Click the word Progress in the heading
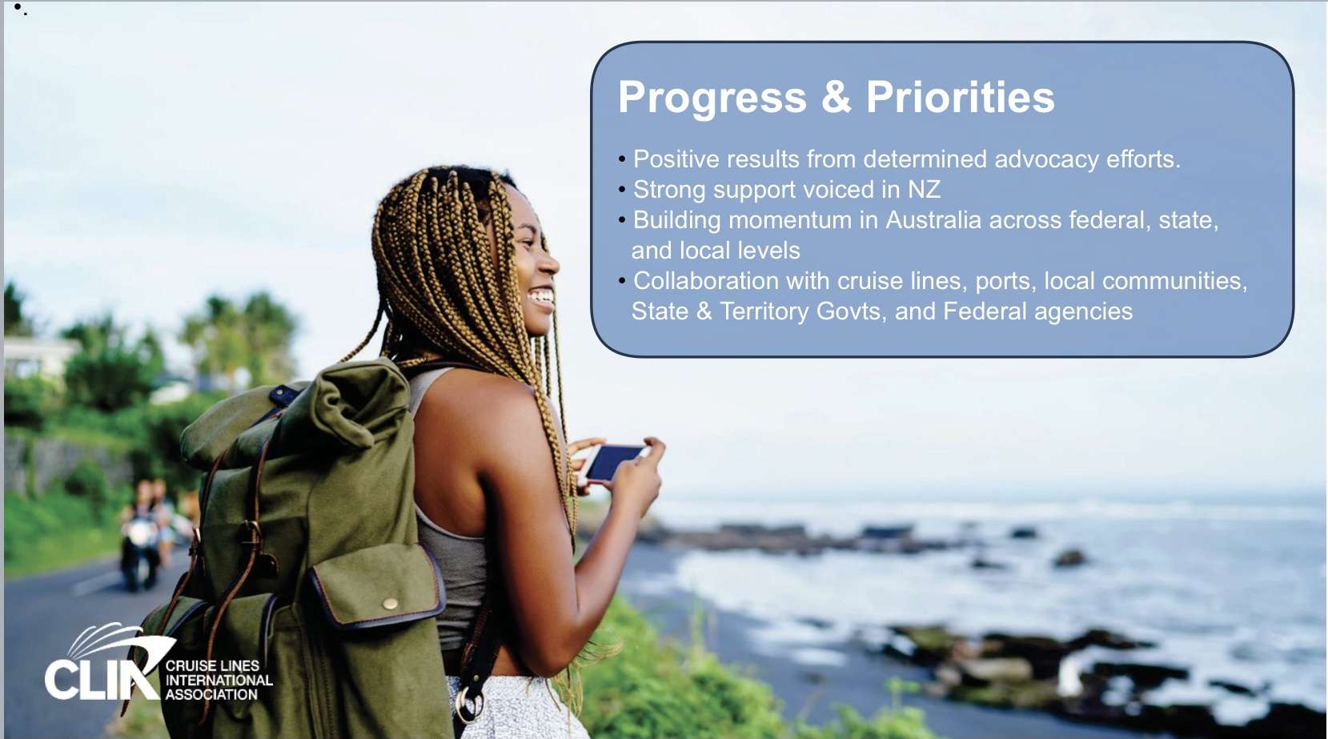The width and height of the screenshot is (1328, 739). (x=712, y=98)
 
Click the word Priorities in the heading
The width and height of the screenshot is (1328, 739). (x=961, y=96)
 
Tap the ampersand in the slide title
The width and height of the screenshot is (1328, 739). (x=836, y=97)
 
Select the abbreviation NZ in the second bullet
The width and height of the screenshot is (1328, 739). (x=925, y=190)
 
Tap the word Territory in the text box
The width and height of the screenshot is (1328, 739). (x=764, y=311)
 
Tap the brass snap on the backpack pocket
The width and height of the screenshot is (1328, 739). (x=390, y=604)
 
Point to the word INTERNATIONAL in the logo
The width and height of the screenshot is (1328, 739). (x=219, y=681)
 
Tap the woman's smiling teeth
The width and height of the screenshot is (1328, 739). (x=542, y=295)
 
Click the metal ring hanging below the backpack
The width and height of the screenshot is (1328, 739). (x=468, y=704)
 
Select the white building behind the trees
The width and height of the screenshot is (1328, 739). (x=38, y=357)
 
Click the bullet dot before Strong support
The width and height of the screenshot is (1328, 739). (x=622, y=190)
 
